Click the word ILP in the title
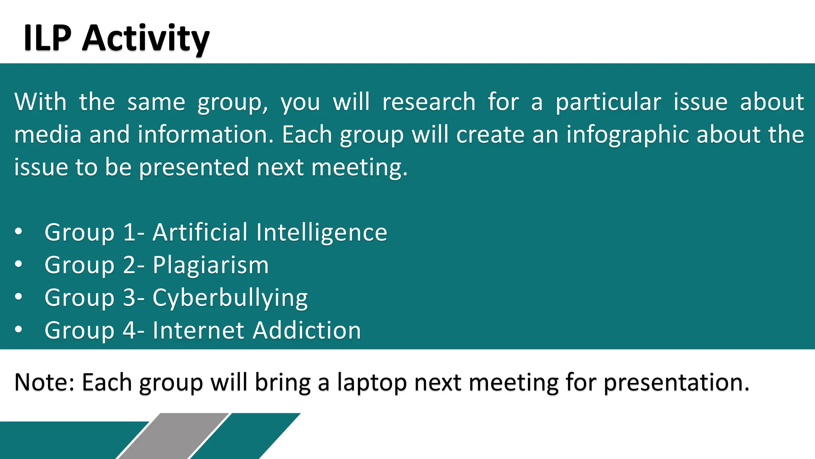coord(47,38)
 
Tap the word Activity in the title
coord(146,39)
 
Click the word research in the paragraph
coord(429,102)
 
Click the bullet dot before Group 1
coord(18,231)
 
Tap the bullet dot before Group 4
coord(18,330)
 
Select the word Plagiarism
coord(211,265)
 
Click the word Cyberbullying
coord(230,298)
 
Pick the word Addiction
coord(307,330)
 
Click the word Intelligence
coord(322,233)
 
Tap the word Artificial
coord(200,232)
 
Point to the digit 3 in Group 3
coord(130,298)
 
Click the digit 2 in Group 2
coord(130,265)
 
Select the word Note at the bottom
coord(44,382)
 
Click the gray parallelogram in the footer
coord(174,436)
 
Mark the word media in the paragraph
coord(48,135)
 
